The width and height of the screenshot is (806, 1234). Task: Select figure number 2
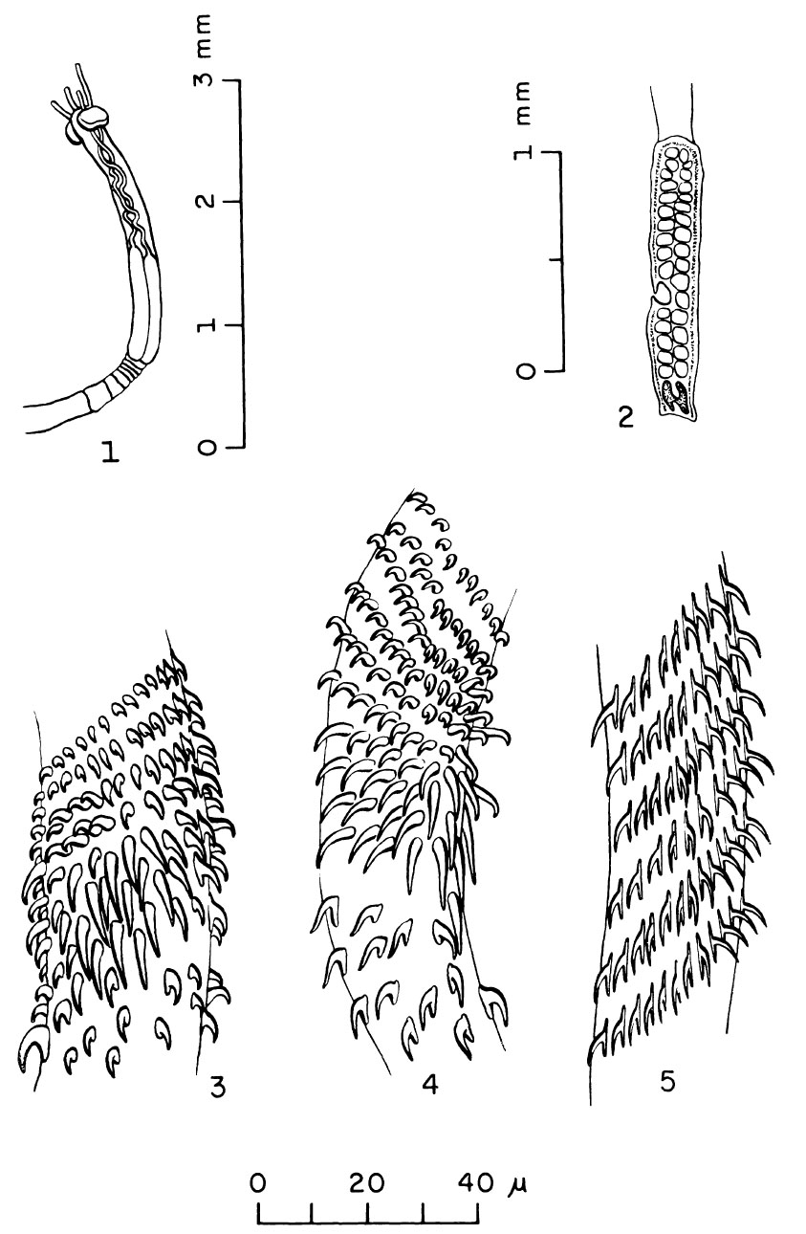click(626, 418)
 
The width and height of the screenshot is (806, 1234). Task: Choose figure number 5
click(667, 1082)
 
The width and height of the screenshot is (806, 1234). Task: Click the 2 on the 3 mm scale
click(205, 202)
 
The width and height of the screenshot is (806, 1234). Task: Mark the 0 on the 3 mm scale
click(205, 448)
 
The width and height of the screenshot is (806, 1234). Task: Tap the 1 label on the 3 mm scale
click(205, 325)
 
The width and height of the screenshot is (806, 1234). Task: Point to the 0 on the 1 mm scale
click(525, 371)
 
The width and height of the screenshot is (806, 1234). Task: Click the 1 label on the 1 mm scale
click(525, 151)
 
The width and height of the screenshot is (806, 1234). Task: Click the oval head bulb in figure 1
click(92, 118)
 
